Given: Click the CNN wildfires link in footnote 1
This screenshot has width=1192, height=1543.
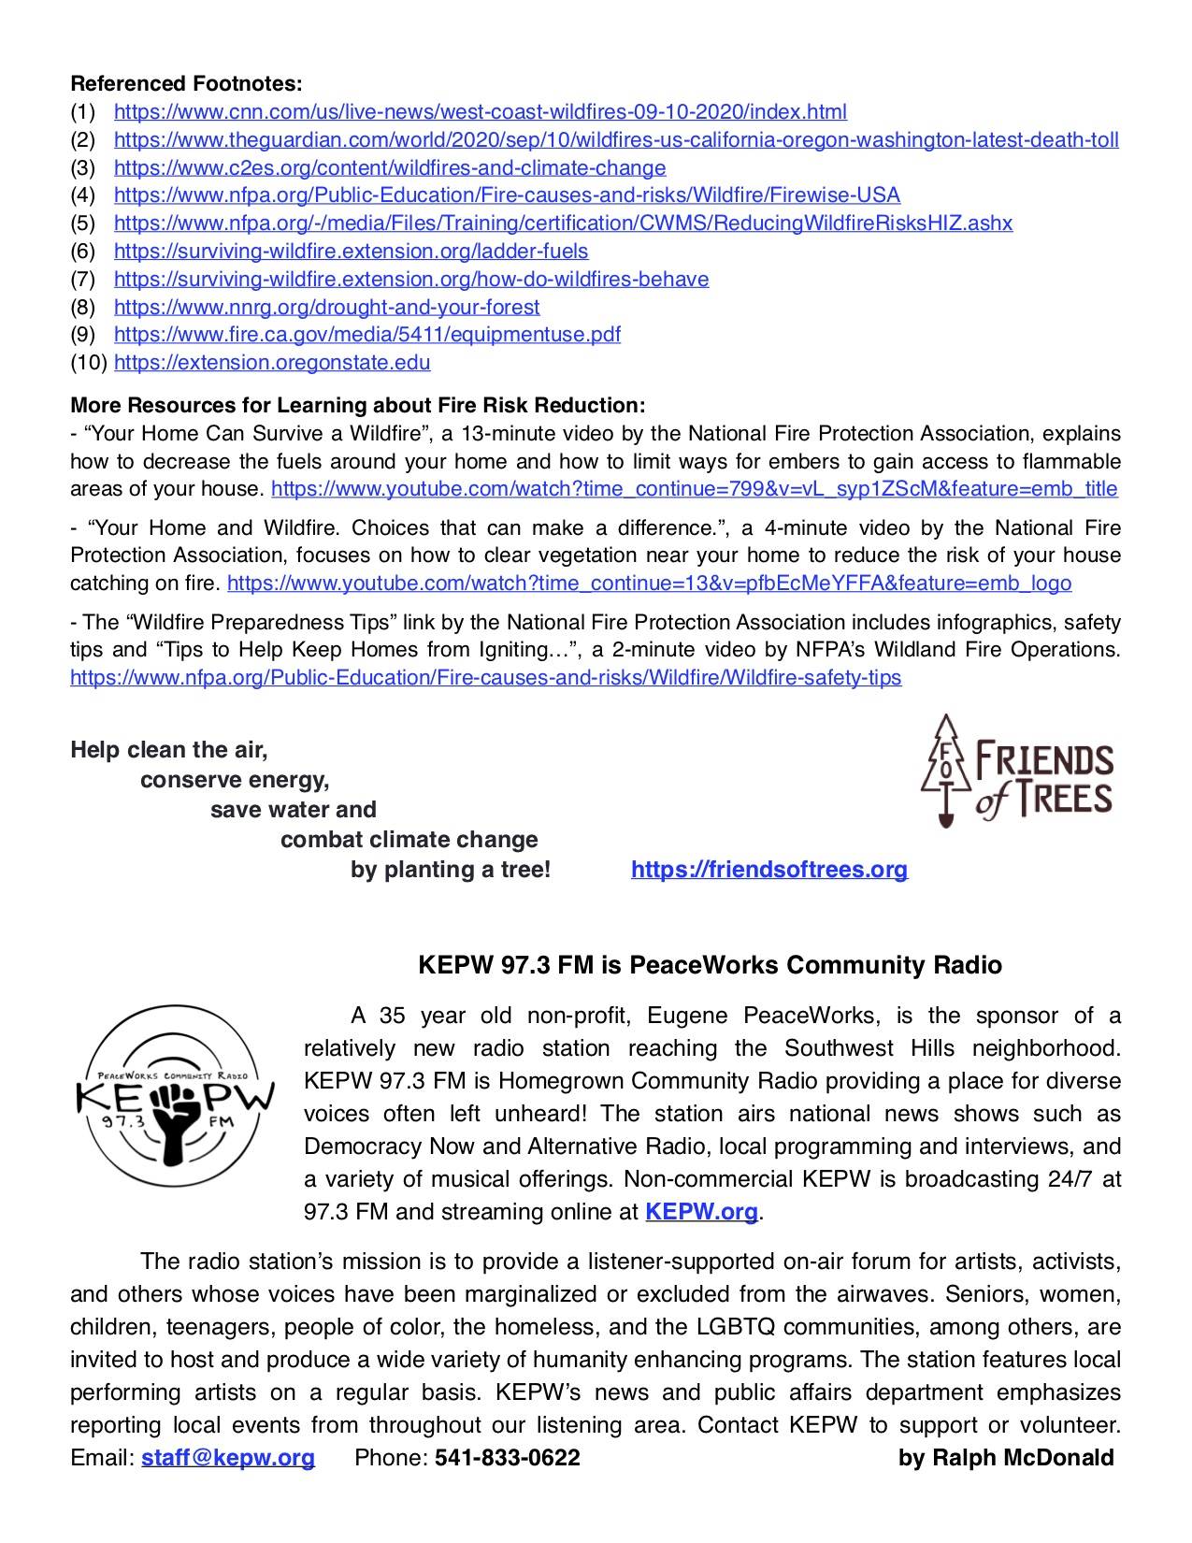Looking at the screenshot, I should point(480,112).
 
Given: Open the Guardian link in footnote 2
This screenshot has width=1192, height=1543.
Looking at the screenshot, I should point(615,140).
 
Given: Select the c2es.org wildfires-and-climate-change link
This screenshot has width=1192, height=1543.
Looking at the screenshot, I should point(390,168).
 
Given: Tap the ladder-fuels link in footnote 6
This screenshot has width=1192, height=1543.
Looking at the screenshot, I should point(351,252).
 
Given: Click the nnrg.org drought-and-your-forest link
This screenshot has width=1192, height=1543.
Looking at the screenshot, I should point(326,307).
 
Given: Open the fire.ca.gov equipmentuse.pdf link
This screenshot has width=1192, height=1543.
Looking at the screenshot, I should point(366,335).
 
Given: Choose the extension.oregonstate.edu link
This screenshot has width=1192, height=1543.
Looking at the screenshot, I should point(272,363).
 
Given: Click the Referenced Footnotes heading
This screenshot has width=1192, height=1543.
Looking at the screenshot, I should point(186,84).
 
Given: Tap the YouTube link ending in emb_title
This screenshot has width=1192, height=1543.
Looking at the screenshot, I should point(694,489).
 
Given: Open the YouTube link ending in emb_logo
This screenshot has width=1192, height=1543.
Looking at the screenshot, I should point(649,584).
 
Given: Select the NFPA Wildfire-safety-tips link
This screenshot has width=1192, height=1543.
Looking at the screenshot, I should point(485,678).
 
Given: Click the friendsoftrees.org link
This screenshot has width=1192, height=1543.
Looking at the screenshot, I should point(768,870).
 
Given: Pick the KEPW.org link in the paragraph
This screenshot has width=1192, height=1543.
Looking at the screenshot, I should point(701,1212).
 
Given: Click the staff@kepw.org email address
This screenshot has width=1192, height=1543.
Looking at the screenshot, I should point(227,1458).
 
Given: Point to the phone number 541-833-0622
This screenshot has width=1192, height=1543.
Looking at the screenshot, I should point(507,1458).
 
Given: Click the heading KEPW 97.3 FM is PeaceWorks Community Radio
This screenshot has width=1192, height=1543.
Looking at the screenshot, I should point(710,965).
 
